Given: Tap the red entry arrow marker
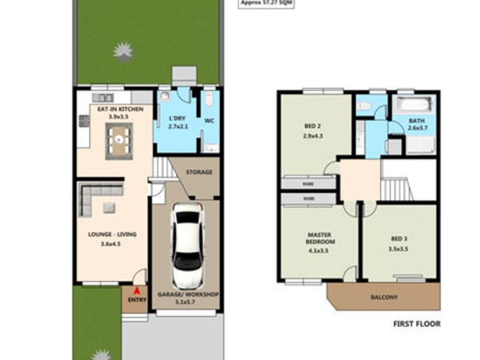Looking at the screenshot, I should pos(137,292).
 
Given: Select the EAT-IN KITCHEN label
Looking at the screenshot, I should pos(116,109).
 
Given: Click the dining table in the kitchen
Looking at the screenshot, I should pos(119,140).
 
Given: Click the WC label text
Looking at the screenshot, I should pos(210,120).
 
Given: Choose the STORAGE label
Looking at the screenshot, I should pos(199,172).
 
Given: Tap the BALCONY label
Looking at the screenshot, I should pos(383,297).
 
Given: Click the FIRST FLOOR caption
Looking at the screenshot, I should pos(416,324).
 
